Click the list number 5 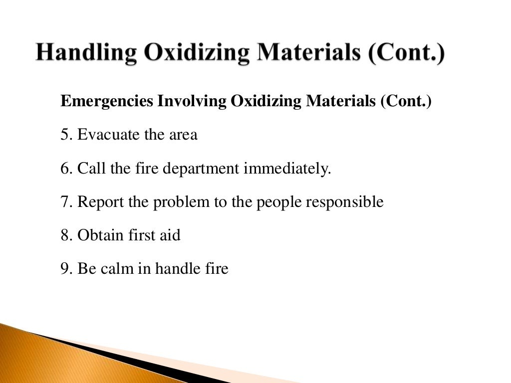pyautogui.click(x=66, y=135)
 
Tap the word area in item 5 pyautogui.click(x=182, y=136)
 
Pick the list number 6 pyautogui.click(x=66, y=169)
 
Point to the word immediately pyautogui.click(x=287, y=169)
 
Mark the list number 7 pyautogui.click(x=66, y=202)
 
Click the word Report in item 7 pyautogui.click(x=101, y=202)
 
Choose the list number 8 pyautogui.click(x=66, y=235)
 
